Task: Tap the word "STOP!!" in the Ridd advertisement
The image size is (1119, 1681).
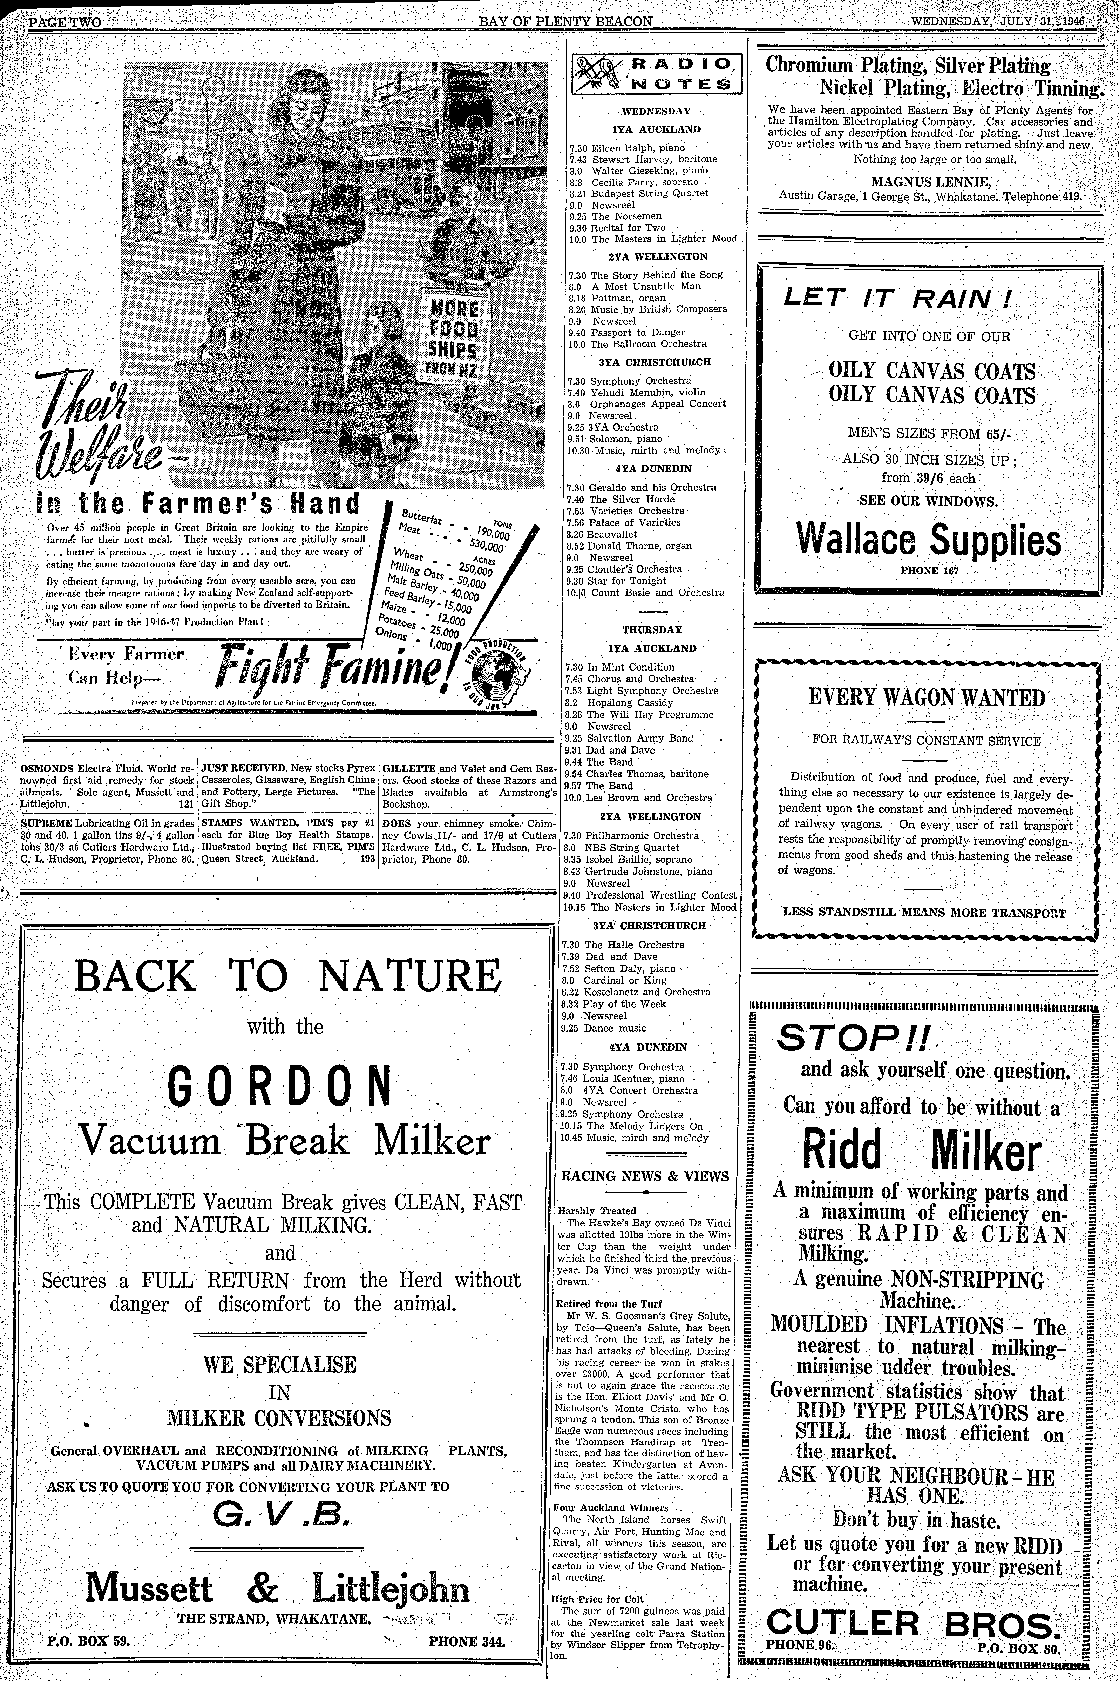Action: pos(849,1039)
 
